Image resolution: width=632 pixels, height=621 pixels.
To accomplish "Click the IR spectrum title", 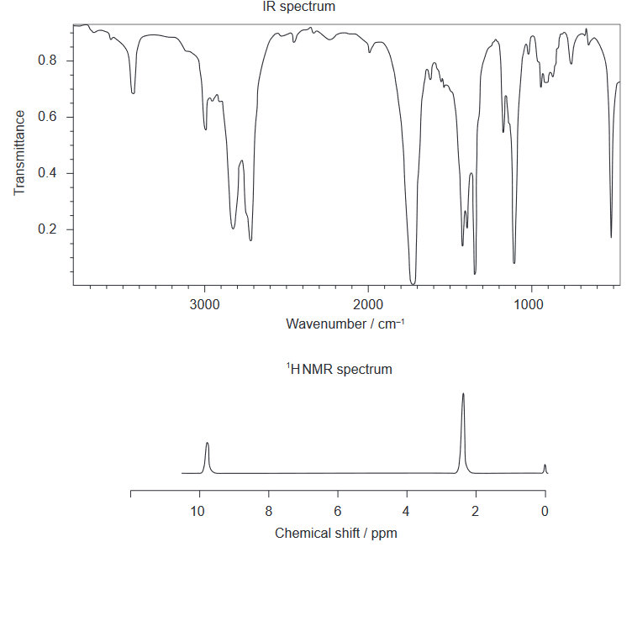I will click(x=298, y=7).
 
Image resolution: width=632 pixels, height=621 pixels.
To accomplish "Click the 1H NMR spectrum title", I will click(x=340, y=369).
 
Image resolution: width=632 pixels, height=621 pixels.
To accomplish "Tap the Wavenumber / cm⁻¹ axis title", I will click(x=345, y=324).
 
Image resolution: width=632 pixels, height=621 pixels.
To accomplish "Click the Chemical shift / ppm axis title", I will click(x=336, y=534).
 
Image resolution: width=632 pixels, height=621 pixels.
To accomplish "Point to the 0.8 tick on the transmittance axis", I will click(x=47, y=61).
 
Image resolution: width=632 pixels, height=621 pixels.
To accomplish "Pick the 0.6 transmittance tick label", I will click(x=47, y=117).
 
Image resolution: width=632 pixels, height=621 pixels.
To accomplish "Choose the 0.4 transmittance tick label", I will click(x=47, y=173).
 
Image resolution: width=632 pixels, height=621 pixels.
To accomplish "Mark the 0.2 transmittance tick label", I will click(x=47, y=229).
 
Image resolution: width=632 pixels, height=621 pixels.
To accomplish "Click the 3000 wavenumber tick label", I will click(x=204, y=303).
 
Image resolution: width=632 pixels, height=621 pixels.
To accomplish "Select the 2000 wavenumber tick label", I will click(x=368, y=303).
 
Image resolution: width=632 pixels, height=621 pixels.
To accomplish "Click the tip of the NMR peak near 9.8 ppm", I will click(x=207, y=443).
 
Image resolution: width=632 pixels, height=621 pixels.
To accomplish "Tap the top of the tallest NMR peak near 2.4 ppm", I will click(x=463, y=393).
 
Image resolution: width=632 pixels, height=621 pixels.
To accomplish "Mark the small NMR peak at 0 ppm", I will click(x=545, y=465).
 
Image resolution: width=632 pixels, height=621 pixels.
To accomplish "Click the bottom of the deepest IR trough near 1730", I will click(x=413, y=283).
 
